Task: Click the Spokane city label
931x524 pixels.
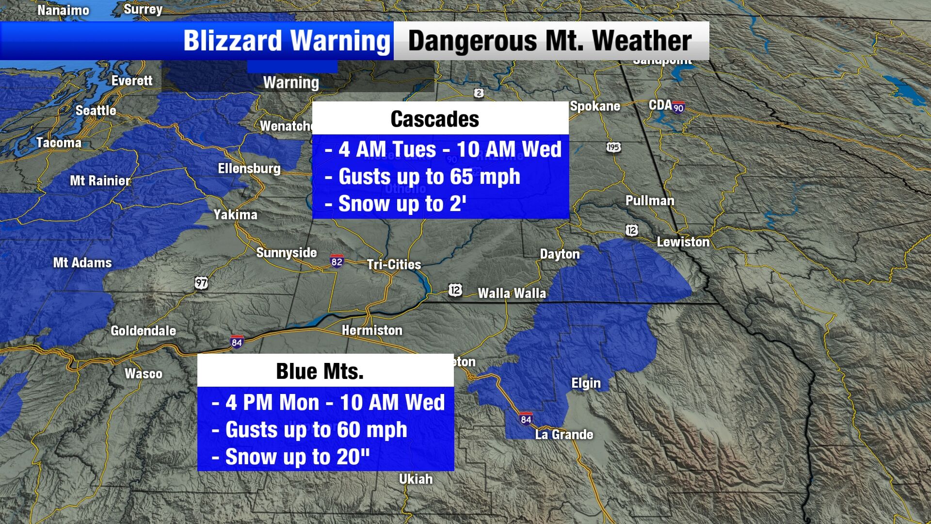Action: click(x=595, y=106)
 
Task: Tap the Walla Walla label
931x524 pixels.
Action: click(x=512, y=293)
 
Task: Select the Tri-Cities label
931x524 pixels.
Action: click(x=394, y=264)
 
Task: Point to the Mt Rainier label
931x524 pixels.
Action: click(x=100, y=181)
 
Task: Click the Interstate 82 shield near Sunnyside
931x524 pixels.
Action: click(x=337, y=261)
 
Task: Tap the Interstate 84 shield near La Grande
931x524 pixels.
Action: click(x=526, y=419)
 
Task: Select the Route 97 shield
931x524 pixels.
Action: click(x=201, y=282)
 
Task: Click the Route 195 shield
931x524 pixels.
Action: click(x=613, y=147)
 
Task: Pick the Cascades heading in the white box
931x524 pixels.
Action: click(x=435, y=119)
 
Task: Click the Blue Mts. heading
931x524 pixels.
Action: click(x=320, y=372)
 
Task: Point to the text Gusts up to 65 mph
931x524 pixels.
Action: click(x=429, y=177)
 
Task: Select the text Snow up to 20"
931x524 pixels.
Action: click(x=297, y=457)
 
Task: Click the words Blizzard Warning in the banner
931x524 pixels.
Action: click(x=287, y=41)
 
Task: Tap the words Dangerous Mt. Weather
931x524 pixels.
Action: click(x=550, y=41)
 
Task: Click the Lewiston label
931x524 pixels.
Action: click(x=683, y=242)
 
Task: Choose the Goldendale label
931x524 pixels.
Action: click(x=143, y=331)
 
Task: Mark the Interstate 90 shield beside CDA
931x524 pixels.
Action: click(x=678, y=107)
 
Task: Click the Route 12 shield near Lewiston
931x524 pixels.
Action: click(x=631, y=230)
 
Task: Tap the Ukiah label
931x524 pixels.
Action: click(x=416, y=479)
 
